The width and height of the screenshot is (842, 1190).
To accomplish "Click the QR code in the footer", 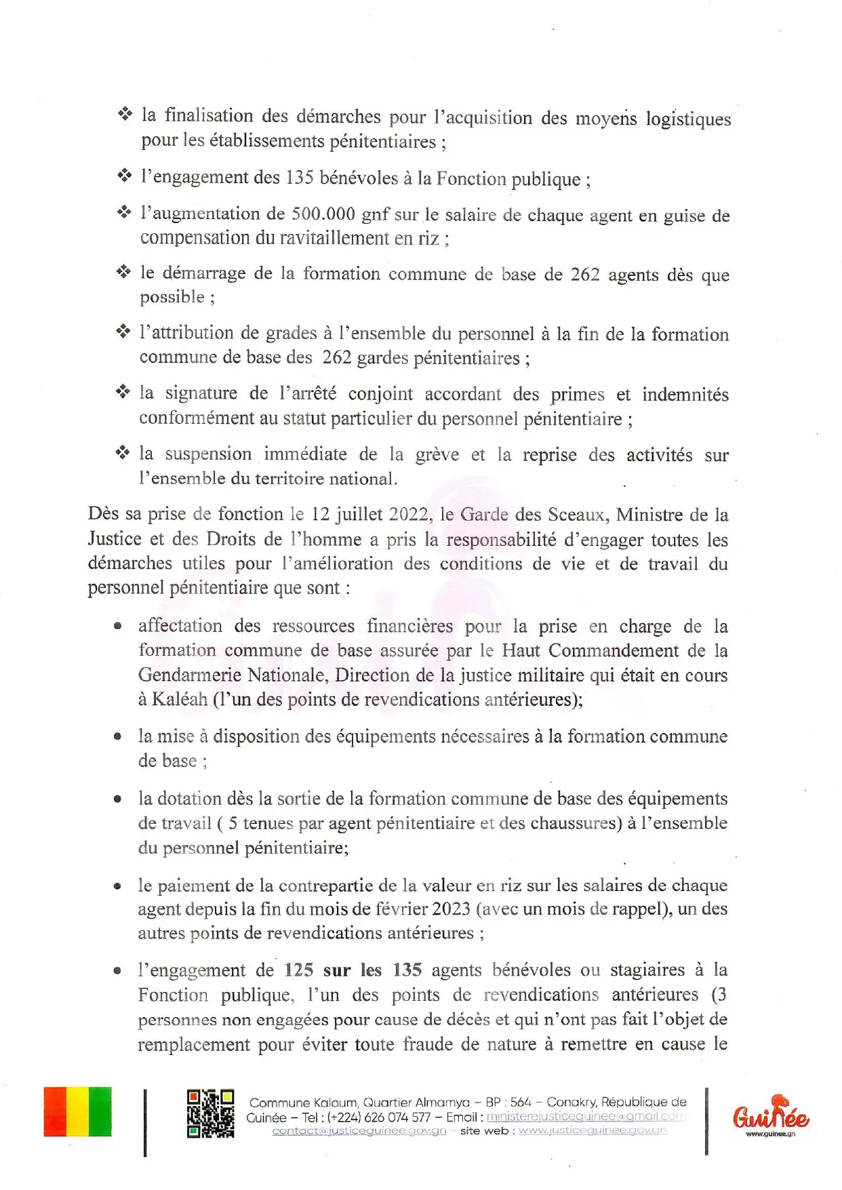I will pos(210,1113).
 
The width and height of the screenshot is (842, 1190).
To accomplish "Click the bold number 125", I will pos(299,970).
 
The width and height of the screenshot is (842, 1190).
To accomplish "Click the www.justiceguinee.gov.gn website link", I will pos(592,1130).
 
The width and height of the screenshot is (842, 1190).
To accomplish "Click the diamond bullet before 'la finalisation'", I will pos(125,114).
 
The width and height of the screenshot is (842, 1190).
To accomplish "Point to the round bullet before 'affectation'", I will pos(118,626).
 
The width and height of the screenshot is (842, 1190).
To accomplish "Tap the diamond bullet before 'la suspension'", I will pos(123,452).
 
